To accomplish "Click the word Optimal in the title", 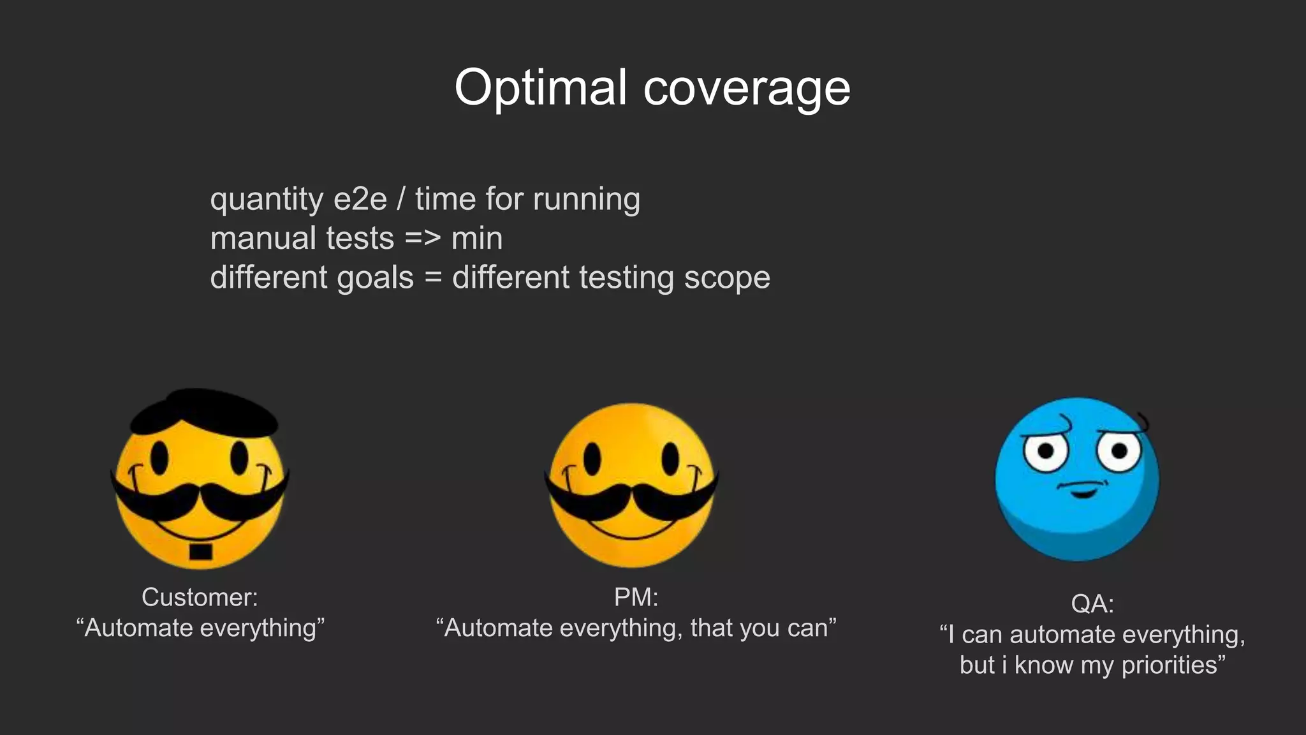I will coord(540,88).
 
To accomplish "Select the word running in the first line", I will coord(587,199).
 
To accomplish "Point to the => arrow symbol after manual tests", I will coord(423,239).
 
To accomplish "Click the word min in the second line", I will coord(477,239).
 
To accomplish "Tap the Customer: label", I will coord(200,597).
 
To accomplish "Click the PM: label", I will coord(636,597).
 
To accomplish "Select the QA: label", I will coord(1092,604).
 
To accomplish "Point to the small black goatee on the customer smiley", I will coord(201,551).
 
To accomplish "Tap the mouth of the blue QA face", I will coord(1082,490).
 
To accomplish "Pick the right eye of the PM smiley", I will coord(670,458).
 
